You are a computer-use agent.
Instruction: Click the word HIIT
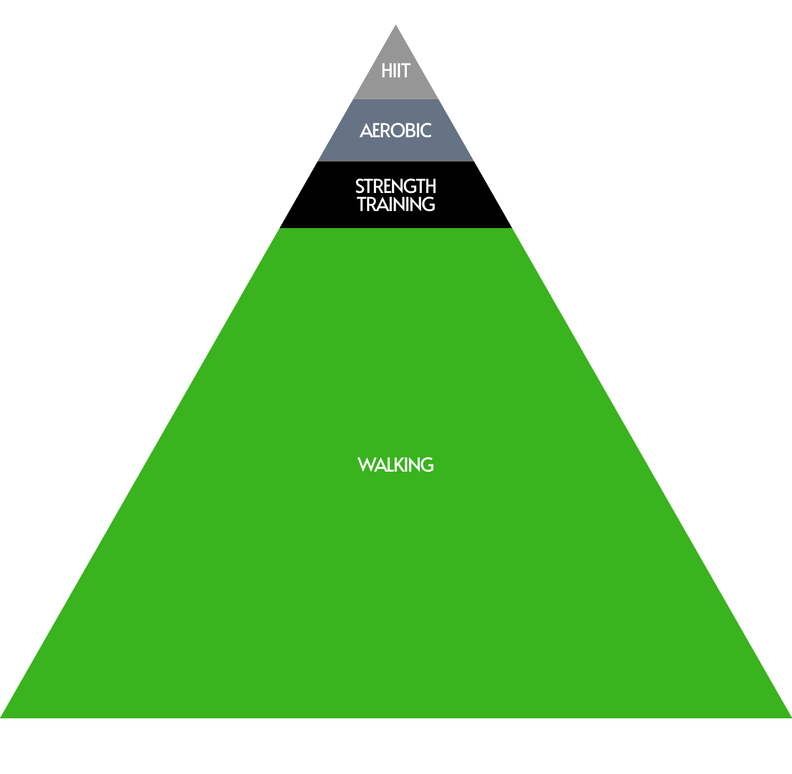(395, 71)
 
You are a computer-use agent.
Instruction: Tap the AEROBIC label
(395, 131)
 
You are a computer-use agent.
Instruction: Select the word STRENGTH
(395, 186)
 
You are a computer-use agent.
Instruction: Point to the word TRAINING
(395, 204)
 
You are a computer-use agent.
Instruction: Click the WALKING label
(395, 465)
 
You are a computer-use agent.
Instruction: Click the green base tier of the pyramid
(395, 593)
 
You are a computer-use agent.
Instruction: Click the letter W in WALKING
(366, 465)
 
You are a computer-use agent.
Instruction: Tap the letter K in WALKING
(395, 465)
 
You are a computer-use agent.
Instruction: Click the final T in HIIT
(405, 71)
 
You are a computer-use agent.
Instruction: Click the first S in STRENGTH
(360, 186)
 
